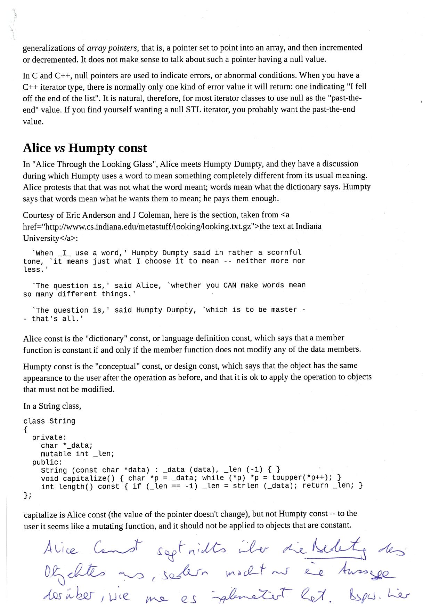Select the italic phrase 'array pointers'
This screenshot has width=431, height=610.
112,48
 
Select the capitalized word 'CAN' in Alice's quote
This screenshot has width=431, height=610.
230,286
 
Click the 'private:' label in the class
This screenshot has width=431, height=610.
49,437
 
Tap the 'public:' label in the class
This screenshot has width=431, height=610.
47,462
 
